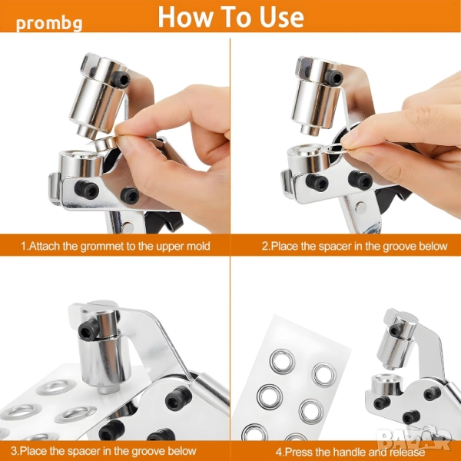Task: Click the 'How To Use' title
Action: (x=230, y=16)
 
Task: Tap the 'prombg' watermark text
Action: (x=49, y=24)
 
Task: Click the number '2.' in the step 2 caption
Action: (x=266, y=246)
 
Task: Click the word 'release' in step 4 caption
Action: (x=409, y=452)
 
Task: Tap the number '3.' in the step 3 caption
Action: (x=15, y=450)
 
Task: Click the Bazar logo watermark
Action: (x=414, y=437)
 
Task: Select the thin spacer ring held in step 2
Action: (x=335, y=149)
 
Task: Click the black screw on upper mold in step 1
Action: (x=121, y=79)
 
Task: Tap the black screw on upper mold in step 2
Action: (x=333, y=78)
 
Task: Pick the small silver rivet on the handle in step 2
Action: (x=361, y=208)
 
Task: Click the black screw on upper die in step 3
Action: (x=89, y=329)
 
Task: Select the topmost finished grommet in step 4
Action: (x=282, y=362)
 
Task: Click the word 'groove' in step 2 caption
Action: (x=396, y=246)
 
